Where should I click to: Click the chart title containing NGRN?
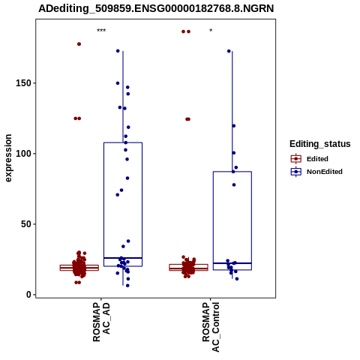click(x=156, y=8)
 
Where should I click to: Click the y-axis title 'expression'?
click(x=8, y=158)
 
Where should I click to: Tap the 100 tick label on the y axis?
click(x=23, y=154)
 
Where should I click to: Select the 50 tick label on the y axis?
click(x=26, y=224)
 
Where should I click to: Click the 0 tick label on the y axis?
click(x=28, y=295)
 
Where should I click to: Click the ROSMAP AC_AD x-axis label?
click(x=101, y=322)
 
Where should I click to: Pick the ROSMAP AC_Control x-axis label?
click(x=211, y=327)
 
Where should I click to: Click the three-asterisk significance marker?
click(x=101, y=31)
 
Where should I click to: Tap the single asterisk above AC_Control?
click(x=211, y=31)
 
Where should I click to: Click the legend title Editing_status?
click(x=320, y=144)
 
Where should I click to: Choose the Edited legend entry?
click(x=310, y=159)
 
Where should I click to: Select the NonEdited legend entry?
click(x=316, y=172)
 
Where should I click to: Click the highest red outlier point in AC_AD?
click(x=79, y=44)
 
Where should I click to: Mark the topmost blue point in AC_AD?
click(x=118, y=51)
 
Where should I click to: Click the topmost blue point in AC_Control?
click(x=229, y=51)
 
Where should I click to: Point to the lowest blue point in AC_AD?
click(x=127, y=286)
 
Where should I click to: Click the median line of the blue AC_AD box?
click(x=123, y=258)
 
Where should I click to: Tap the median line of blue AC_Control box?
click(x=232, y=263)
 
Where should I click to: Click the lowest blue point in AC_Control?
click(x=237, y=279)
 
